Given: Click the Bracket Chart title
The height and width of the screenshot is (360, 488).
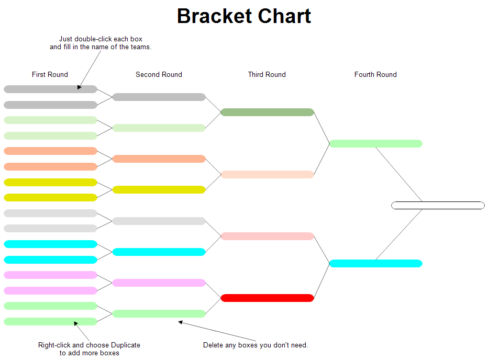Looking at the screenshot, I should [x=244, y=16].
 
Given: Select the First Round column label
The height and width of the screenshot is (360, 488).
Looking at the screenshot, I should [x=50, y=74].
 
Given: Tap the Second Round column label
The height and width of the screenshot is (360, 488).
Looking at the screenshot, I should [x=159, y=74].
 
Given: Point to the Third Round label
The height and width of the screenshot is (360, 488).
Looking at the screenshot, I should [x=267, y=74].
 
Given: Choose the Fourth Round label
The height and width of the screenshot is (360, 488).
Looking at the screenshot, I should [x=375, y=74].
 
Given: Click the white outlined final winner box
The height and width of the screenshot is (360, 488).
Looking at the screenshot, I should [x=438, y=205].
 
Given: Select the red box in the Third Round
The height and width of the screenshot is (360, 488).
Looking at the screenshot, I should [x=267, y=298].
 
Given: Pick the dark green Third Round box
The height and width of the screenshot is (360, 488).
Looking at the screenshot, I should [x=267, y=112].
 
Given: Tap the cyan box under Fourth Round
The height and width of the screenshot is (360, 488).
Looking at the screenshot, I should [x=375, y=263].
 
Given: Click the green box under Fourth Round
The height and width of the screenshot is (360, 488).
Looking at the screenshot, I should [x=375, y=143].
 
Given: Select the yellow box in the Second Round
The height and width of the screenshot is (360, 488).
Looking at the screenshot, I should [x=159, y=189].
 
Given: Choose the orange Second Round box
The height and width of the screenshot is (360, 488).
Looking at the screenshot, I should [x=159, y=159].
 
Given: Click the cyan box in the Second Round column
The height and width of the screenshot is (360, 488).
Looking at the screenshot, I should [x=159, y=252].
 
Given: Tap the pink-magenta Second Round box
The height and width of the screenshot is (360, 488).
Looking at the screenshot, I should [x=159, y=283].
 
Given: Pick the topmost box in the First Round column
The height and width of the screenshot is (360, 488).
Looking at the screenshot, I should [x=50, y=89].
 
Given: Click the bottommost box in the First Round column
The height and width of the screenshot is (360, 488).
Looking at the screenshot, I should [x=50, y=321].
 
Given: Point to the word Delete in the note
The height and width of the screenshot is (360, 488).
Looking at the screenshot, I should [x=213, y=345].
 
